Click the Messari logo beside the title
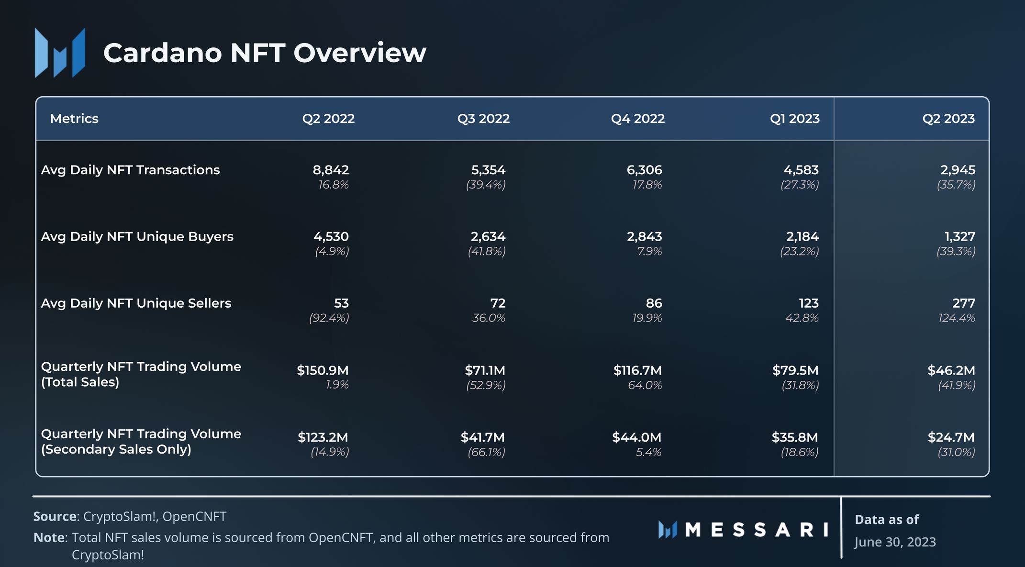60,53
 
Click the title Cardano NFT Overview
264,53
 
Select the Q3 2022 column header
483,119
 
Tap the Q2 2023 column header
948,119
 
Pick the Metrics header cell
74,119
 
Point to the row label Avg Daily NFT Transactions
130,170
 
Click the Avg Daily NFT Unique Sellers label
136,303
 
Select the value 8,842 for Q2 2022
331,170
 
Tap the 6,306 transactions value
644,170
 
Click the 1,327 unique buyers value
959,236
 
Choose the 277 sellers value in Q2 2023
963,303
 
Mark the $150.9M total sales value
323,370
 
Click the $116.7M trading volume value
637,370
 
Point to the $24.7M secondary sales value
951,437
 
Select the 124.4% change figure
956,318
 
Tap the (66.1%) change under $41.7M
486,452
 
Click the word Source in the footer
55,516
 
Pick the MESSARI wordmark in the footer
756,530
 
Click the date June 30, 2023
895,542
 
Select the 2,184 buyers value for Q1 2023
802,236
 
